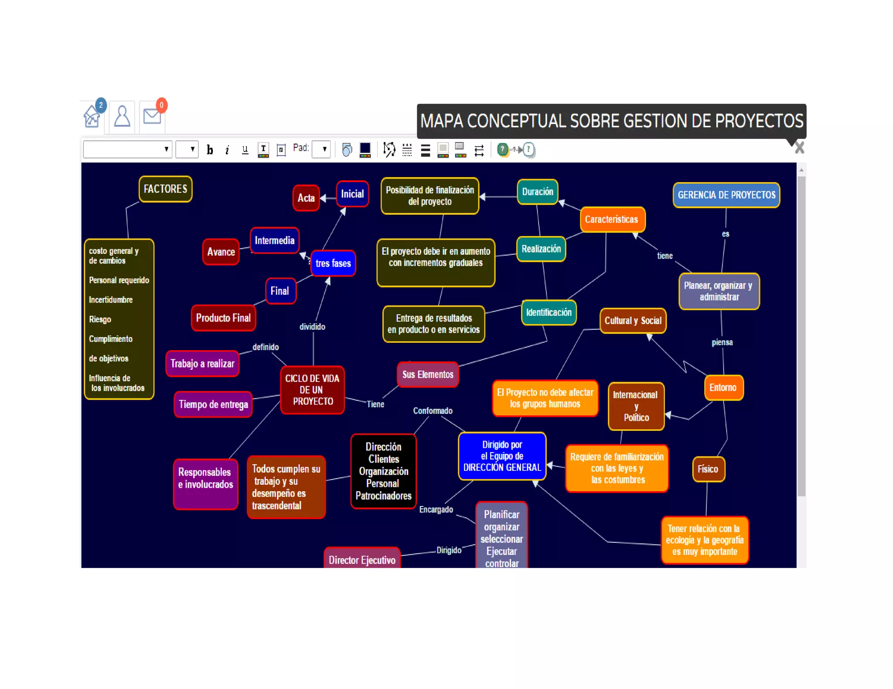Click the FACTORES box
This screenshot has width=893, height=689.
(165, 189)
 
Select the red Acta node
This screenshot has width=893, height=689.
(306, 198)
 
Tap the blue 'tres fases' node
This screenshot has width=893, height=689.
(333, 263)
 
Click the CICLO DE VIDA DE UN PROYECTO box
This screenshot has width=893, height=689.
(312, 390)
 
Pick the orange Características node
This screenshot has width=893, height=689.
(611, 220)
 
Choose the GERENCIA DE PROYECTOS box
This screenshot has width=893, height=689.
(726, 195)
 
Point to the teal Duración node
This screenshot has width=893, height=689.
(537, 192)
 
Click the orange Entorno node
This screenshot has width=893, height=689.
(723, 388)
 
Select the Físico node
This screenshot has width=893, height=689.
(708, 469)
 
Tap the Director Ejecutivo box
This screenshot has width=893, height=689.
(362, 560)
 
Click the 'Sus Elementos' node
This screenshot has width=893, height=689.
(428, 375)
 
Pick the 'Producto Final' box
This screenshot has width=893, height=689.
(223, 318)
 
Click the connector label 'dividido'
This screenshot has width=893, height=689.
(312, 327)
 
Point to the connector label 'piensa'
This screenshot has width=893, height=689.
(722, 342)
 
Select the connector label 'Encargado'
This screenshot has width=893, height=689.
(436, 510)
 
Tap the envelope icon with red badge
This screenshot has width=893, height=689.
(152, 116)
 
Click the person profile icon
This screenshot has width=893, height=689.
(122, 116)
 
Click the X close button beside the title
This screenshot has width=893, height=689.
(799, 148)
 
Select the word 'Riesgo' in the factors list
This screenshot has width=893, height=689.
(100, 319)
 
